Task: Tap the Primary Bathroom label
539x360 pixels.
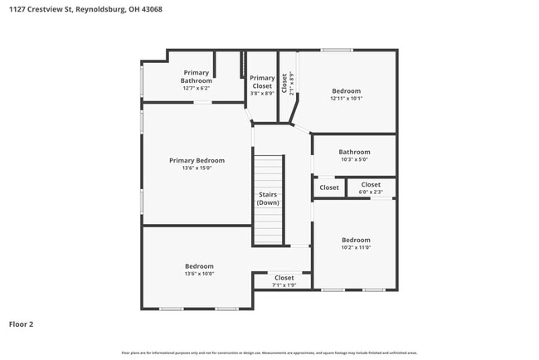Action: tap(197, 76)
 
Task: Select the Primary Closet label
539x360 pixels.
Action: tap(262, 81)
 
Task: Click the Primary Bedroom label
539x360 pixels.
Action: tap(197, 160)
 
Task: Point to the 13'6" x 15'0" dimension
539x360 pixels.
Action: tap(197, 168)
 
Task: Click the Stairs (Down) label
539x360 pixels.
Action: tap(268, 198)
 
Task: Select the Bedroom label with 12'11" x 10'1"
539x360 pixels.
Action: tap(347, 90)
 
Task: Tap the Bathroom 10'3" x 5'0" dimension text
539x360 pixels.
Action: tap(354, 160)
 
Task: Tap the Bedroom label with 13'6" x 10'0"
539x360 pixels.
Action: tap(199, 266)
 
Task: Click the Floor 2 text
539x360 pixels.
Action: tap(22, 324)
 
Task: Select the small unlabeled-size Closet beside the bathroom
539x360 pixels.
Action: tap(329, 187)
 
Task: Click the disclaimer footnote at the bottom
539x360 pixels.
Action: tap(269, 352)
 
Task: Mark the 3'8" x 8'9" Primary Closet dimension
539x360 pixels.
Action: tap(262, 93)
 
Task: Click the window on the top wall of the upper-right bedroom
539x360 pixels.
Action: tap(337, 51)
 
